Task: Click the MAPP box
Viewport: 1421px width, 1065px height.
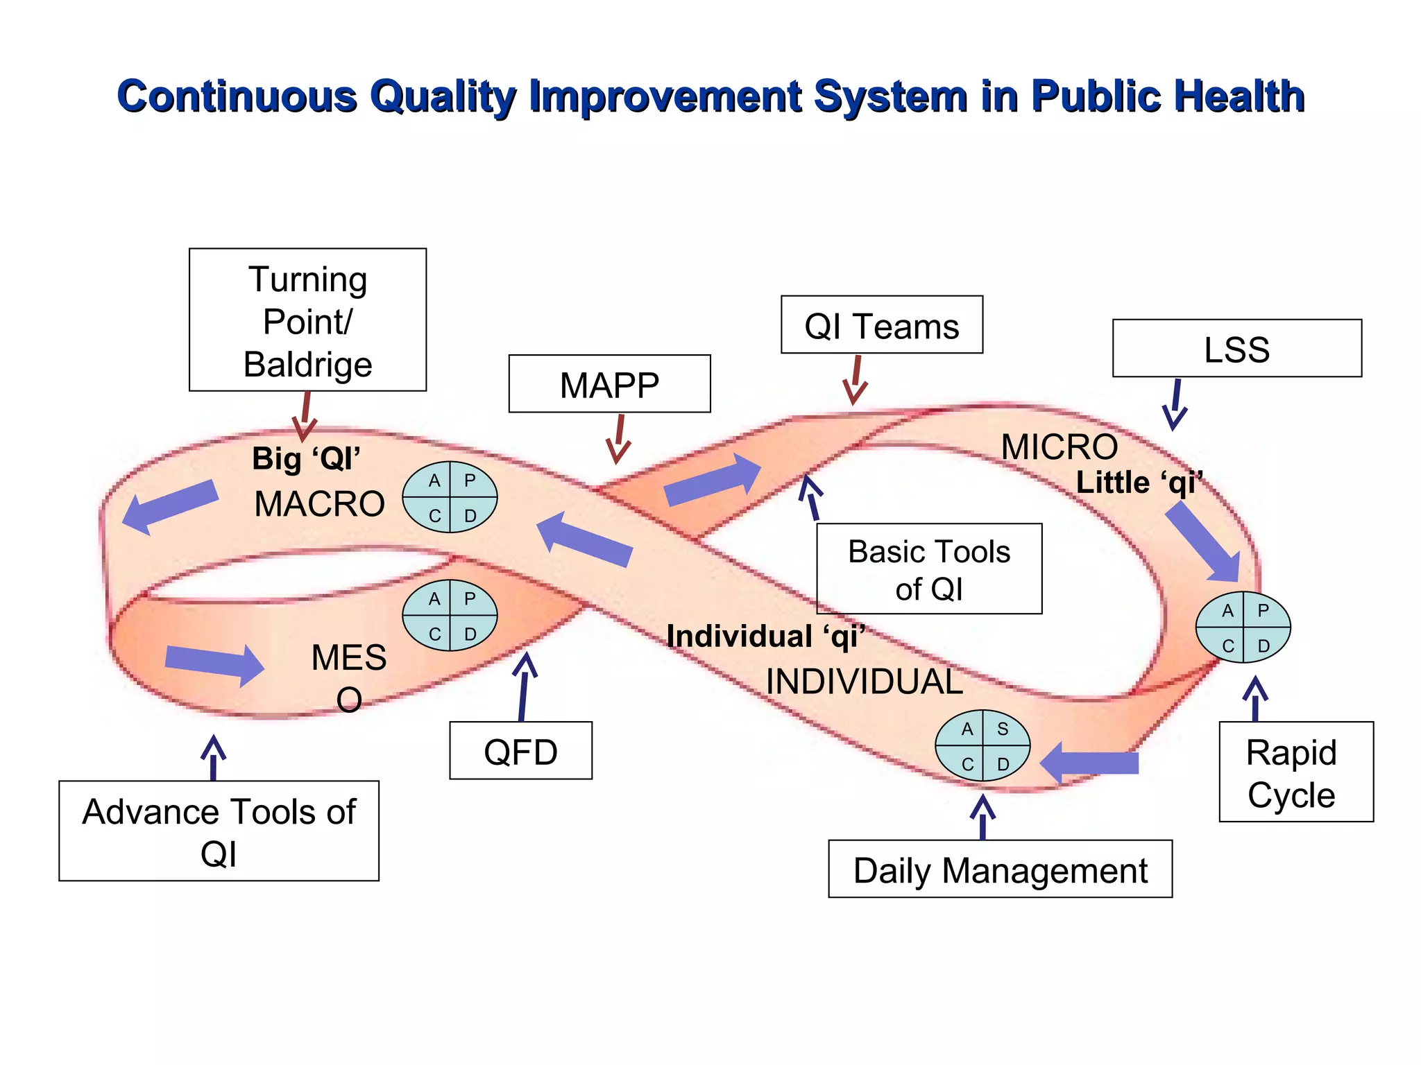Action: point(609,384)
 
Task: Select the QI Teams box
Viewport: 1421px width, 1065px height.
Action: point(881,325)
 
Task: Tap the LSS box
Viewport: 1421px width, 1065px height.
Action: point(1236,349)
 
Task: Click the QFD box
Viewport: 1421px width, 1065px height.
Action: point(520,751)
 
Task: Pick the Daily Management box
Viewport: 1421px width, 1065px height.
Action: point(1000,869)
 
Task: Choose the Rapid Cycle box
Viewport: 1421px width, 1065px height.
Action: point(1295,772)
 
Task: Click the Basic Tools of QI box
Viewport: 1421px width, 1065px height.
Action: point(929,569)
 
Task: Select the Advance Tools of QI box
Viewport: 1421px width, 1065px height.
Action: point(219,831)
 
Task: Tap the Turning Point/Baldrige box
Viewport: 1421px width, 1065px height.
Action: point(307,320)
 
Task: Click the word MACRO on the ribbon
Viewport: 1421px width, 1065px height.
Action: point(319,504)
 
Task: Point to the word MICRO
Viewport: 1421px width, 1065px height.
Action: point(1059,447)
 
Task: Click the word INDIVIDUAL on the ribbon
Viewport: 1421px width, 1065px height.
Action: point(864,682)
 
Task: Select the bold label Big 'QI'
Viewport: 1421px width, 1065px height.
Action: point(306,458)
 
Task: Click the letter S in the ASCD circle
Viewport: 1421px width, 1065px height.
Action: point(1003,729)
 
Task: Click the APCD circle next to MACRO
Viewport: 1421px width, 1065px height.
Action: point(450,497)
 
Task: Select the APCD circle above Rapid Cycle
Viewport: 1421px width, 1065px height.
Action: point(1243,627)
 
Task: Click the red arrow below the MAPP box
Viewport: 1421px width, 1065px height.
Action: point(618,440)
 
